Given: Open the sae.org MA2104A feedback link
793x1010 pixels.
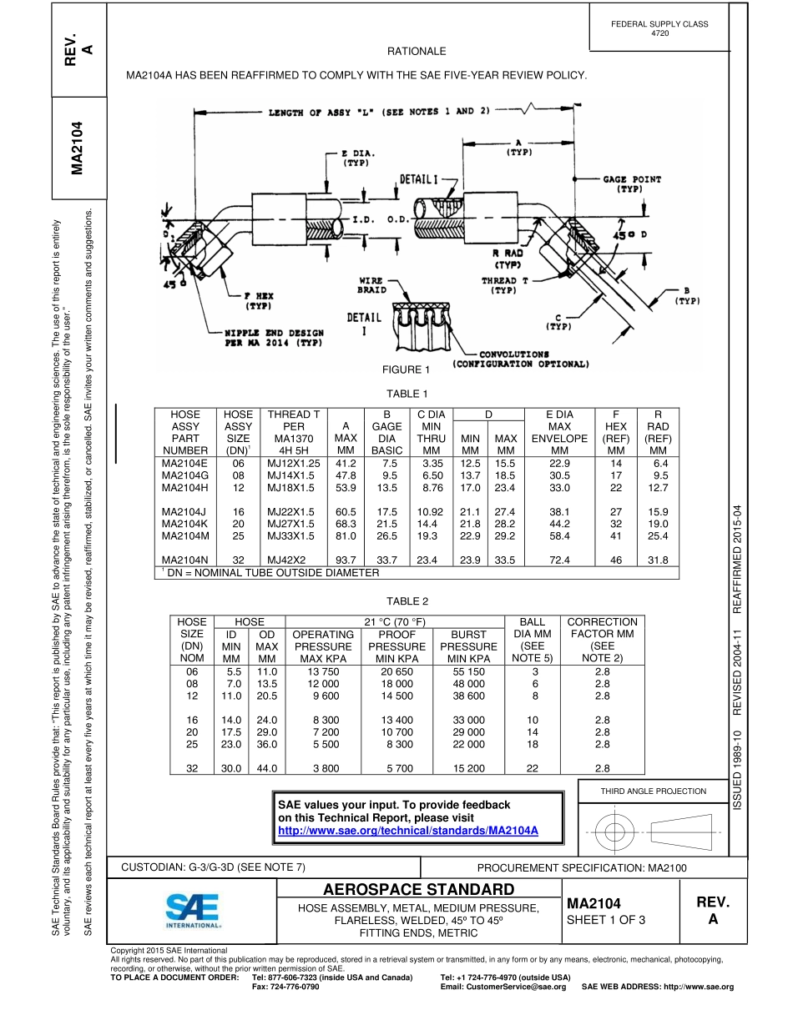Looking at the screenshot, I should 407,831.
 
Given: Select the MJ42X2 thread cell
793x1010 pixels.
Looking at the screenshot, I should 286,560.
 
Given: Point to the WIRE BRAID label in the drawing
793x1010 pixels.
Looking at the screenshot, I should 371,285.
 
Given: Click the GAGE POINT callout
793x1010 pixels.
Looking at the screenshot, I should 632,183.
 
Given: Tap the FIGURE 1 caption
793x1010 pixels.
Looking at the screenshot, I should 407,369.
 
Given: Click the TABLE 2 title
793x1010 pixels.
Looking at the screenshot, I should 407,601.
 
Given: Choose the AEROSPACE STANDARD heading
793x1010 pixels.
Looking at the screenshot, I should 418,889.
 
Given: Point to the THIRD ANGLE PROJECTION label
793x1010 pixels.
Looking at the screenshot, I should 654,791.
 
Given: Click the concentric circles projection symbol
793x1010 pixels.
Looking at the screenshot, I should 614,831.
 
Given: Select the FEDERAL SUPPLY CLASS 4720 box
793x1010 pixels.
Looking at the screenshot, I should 659,28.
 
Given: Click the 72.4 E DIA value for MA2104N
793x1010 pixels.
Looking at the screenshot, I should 559,560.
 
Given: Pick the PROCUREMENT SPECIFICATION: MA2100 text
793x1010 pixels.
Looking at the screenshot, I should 582,867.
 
